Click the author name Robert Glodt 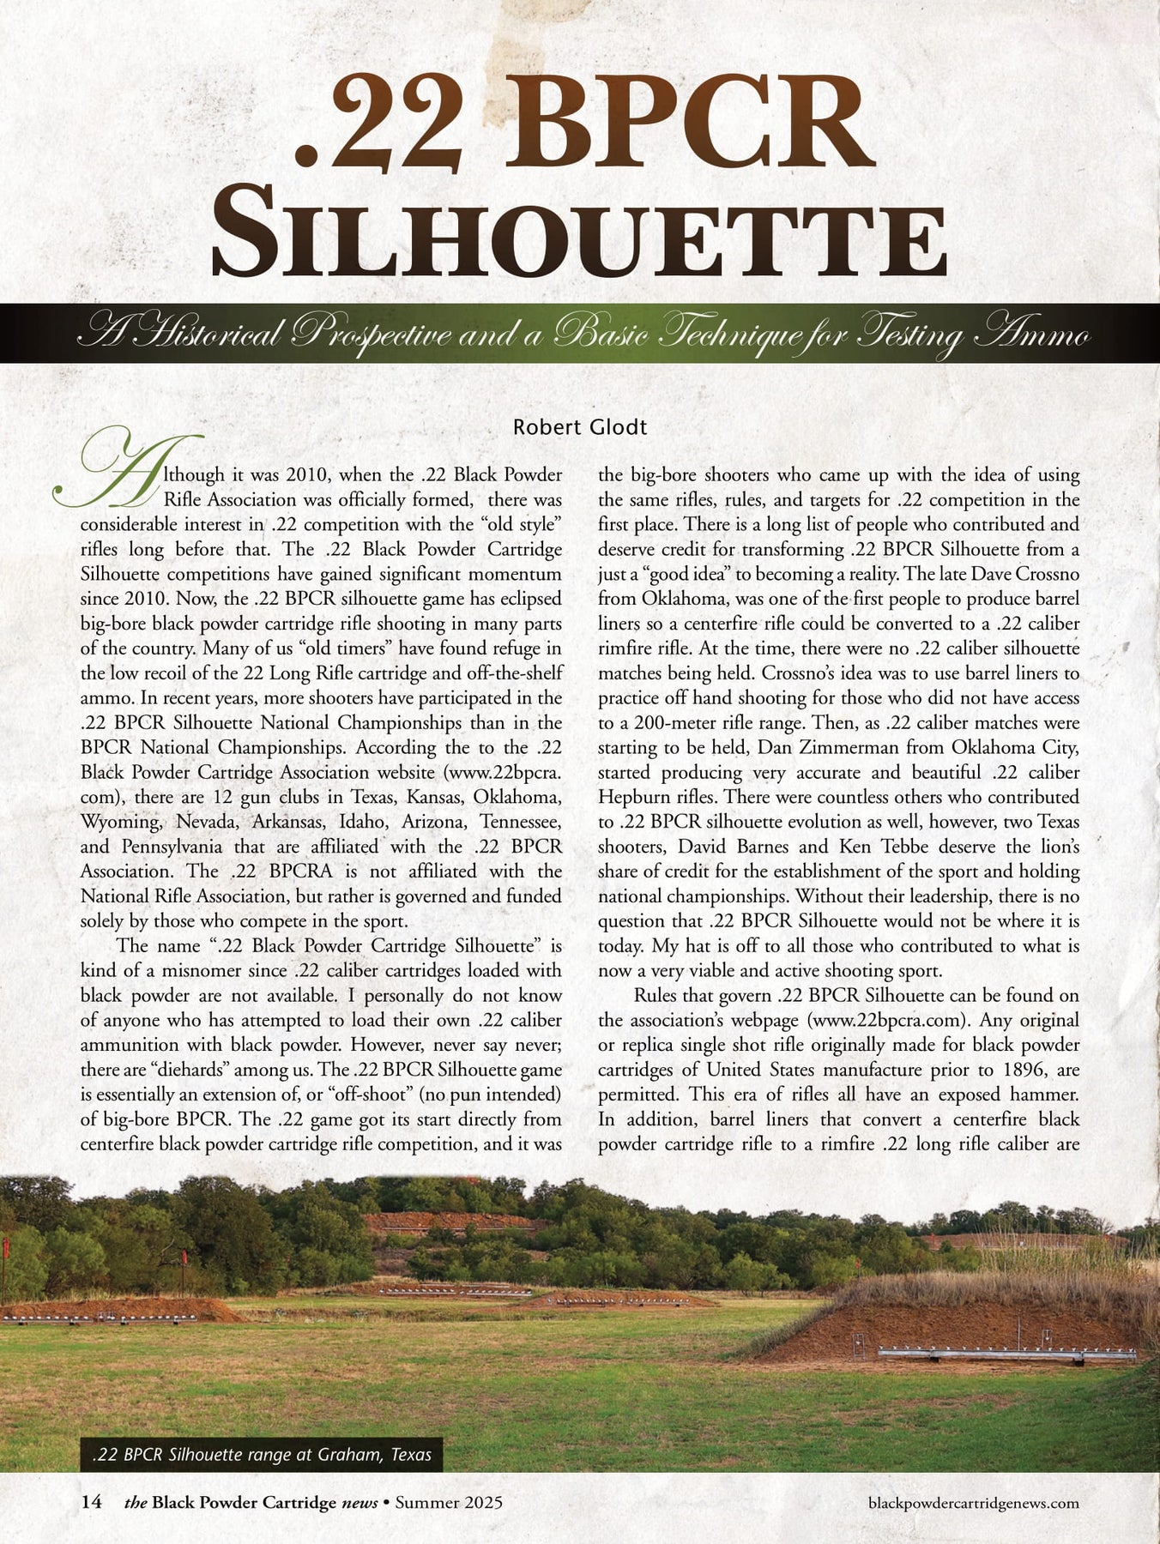pyautogui.click(x=579, y=427)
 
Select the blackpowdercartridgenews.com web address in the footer pyautogui.click(x=974, y=1503)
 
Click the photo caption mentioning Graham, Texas pyautogui.click(x=261, y=1455)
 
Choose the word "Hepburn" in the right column pyautogui.click(x=631, y=798)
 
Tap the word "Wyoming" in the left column pyautogui.click(x=120, y=822)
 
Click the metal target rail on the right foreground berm pyautogui.click(x=1004, y=1354)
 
